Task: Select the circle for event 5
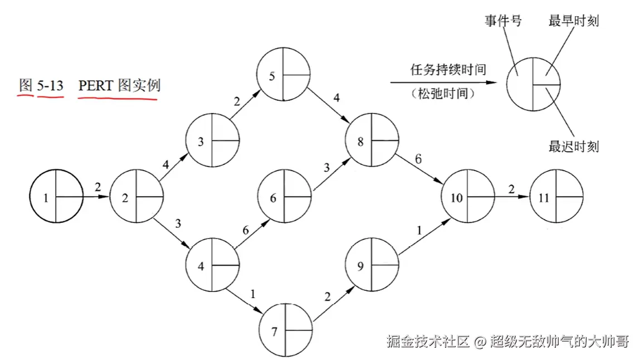284,75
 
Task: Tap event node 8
372,142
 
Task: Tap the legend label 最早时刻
574,22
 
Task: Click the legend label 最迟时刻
574,147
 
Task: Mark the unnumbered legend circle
533,85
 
